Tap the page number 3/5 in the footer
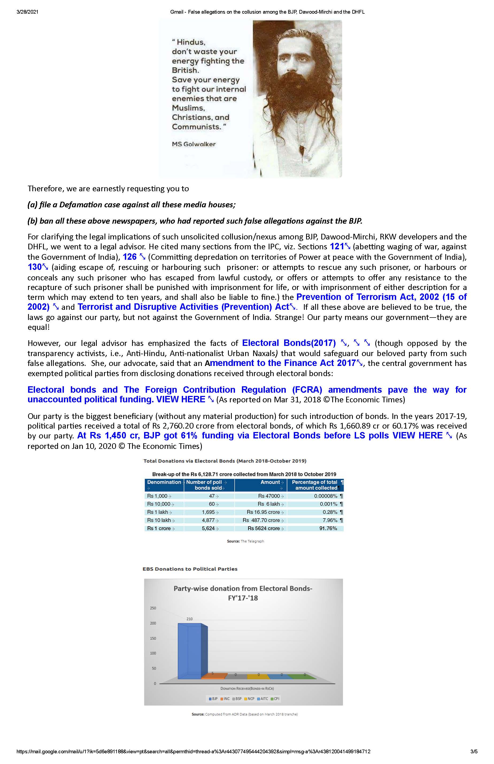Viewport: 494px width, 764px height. point(474,751)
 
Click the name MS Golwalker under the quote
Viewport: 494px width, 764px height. point(194,144)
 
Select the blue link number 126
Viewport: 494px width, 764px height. point(130,257)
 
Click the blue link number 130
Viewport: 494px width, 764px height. point(35,267)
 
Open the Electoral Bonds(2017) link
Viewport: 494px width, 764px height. point(289,343)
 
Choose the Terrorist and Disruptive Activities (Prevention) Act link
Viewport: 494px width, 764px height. point(183,307)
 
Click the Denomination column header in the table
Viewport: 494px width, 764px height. point(164,482)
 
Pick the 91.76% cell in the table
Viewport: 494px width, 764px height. point(328,528)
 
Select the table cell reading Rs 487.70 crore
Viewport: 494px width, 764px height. point(261,520)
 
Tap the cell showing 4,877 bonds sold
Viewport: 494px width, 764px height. point(208,520)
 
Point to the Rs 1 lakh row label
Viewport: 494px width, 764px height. point(157,512)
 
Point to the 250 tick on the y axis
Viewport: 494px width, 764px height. point(153,608)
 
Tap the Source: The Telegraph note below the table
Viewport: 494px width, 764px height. point(245,541)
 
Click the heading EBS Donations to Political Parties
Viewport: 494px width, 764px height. point(190,569)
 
